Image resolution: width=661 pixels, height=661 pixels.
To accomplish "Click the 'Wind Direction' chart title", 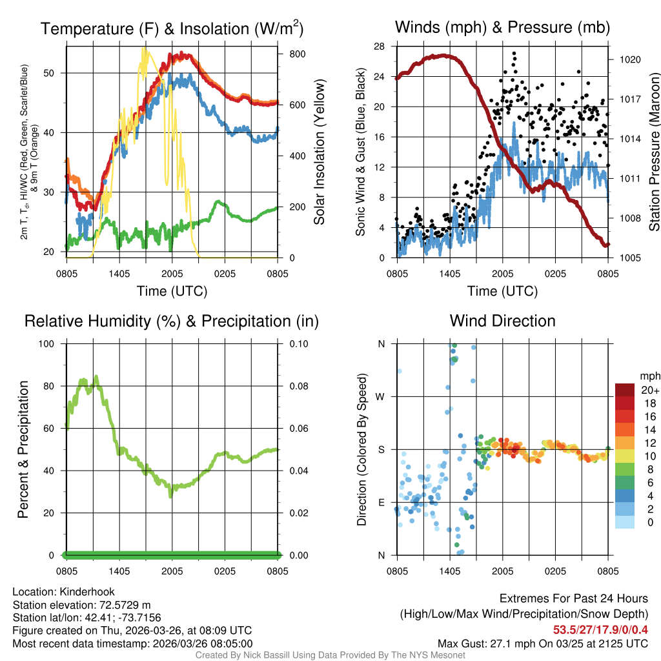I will tap(502, 321).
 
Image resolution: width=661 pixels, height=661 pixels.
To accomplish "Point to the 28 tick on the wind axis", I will tap(379, 46).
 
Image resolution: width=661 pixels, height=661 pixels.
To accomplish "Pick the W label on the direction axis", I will tap(381, 396).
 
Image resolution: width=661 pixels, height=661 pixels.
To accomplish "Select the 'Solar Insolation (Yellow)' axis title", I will tap(320, 152).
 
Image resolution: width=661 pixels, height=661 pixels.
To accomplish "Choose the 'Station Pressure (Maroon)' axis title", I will tap(653, 152).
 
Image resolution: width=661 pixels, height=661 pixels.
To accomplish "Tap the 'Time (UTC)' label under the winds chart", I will tap(502, 291).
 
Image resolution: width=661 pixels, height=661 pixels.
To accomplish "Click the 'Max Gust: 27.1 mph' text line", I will tap(542, 643).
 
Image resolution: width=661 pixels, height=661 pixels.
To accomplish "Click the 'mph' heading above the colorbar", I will tap(649, 376).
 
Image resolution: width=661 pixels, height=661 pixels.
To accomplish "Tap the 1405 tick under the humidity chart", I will tap(119, 571).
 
